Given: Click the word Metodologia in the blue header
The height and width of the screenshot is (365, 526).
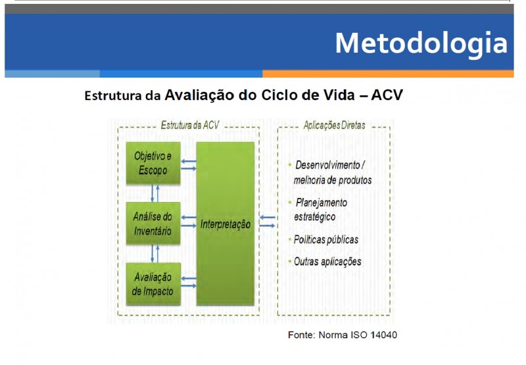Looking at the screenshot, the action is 421,43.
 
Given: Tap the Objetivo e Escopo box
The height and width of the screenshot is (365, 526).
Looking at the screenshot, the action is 153,163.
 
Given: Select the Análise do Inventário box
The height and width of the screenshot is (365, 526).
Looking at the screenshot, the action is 153,224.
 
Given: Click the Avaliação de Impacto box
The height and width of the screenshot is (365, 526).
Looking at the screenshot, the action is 153,284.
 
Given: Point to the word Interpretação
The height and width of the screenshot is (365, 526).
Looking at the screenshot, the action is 226,224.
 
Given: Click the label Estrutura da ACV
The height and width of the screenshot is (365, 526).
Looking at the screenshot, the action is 190,125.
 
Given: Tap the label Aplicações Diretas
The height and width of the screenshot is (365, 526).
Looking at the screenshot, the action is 335,125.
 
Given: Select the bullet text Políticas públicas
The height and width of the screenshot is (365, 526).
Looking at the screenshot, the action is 326,239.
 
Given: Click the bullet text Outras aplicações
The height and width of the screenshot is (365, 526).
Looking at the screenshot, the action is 327,262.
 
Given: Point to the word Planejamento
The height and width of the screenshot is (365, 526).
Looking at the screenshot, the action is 322,203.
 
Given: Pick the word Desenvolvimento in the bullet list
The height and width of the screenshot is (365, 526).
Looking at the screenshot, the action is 327,165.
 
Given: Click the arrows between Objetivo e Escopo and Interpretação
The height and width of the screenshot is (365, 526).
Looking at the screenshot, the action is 189,164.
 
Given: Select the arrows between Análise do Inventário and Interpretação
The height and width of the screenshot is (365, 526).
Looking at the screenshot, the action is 189,222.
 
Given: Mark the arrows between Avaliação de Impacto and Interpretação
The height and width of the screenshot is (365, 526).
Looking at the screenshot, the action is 189,282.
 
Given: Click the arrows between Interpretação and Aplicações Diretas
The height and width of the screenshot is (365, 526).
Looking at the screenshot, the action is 268,222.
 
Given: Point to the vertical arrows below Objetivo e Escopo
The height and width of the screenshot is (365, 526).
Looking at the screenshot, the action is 155,193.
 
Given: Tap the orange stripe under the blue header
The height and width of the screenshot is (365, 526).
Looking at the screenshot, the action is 388,74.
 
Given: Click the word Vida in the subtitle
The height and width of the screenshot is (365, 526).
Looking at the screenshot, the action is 339,95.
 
